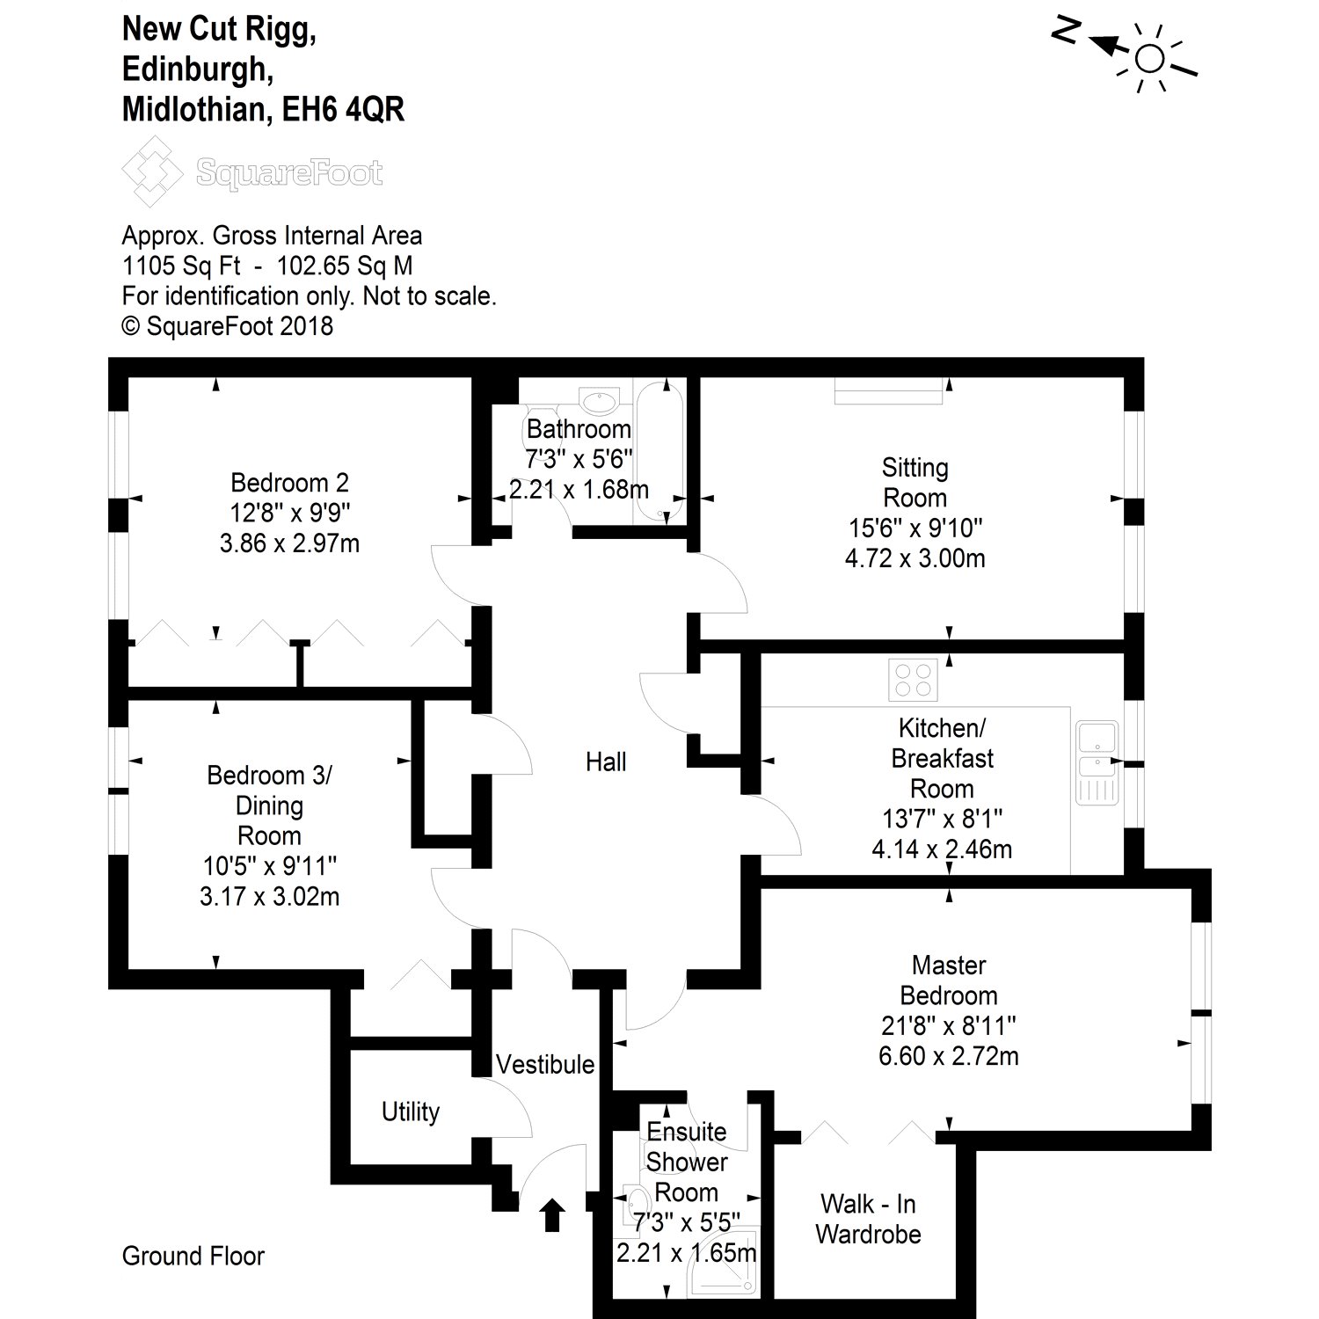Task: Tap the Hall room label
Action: pos(606,762)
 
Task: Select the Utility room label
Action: pos(411,1112)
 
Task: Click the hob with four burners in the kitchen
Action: pos(914,680)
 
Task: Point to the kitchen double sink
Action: pos(1096,762)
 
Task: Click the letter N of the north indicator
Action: pos(1066,32)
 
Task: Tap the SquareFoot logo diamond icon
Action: pos(156,172)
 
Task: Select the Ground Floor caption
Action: pos(193,1257)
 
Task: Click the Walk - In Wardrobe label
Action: pos(869,1219)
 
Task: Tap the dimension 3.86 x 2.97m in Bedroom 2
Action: pos(289,543)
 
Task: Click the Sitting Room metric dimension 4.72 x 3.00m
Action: pos(915,558)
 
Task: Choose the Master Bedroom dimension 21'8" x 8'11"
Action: pos(949,1025)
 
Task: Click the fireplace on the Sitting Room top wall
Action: pos(888,391)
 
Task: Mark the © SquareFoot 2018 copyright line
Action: pos(228,326)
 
